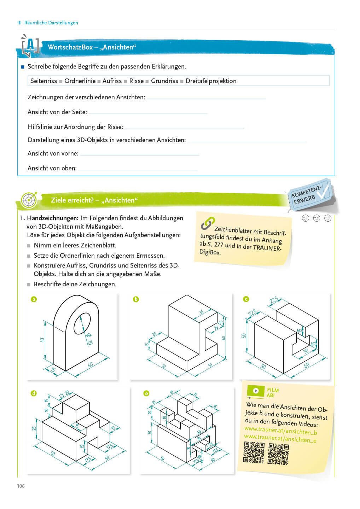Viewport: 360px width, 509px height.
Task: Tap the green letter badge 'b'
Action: coord(136,299)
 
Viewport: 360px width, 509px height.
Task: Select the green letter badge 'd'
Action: coord(34,393)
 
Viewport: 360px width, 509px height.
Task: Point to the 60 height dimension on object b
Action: coord(223,338)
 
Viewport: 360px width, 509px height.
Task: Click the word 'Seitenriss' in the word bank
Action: coord(43,81)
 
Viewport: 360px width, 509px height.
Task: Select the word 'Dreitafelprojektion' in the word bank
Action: coord(211,81)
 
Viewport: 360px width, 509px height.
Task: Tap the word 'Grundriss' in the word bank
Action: coord(164,81)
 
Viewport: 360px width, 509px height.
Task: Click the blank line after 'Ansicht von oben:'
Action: coord(138,169)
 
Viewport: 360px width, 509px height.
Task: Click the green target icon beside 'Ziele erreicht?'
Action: coord(29,200)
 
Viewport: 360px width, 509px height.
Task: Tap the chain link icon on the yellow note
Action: coord(208,223)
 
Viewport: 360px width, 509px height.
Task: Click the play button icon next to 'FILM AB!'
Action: coord(256,391)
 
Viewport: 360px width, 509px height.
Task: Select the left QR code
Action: coord(254,453)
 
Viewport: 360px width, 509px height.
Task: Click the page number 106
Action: coord(21,486)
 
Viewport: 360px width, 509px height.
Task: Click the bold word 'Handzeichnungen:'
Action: coord(53,218)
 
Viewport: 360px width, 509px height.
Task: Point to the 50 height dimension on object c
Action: coord(244,335)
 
